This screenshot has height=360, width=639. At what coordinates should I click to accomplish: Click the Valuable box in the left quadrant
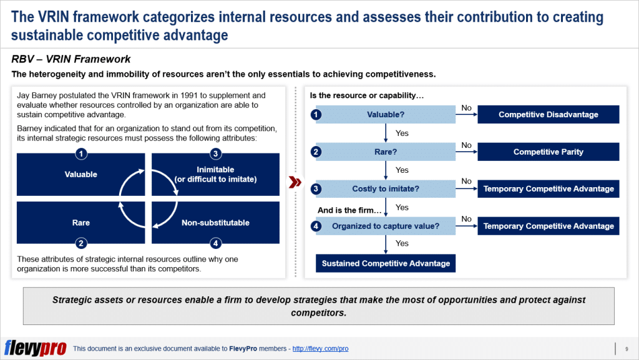tap(80, 175)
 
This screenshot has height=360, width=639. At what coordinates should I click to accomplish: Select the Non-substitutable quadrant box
tap(215, 223)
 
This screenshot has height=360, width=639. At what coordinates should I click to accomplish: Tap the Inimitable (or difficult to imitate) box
tap(215, 175)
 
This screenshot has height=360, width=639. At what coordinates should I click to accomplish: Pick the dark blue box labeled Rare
tap(80, 223)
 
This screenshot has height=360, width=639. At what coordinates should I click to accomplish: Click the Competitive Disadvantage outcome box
tap(548, 115)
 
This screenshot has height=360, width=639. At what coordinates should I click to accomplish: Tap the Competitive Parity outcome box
tap(548, 152)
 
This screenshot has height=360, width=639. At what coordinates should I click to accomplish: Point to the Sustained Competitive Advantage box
tap(386, 263)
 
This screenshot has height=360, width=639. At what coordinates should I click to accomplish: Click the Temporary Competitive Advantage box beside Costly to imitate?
tap(548, 189)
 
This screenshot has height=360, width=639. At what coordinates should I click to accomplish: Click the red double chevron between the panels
tap(295, 182)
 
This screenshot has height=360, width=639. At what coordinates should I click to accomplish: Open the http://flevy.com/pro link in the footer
tap(320, 349)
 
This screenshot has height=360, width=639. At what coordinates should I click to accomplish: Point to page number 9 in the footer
tap(626, 349)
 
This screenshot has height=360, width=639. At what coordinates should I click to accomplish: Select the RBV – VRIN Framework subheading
tap(71, 59)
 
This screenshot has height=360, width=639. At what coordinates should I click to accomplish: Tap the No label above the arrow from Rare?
tap(466, 145)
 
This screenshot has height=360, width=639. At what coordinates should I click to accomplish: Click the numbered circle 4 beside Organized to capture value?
tap(316, 226)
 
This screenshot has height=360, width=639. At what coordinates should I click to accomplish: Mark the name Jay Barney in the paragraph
tap(34, 95)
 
